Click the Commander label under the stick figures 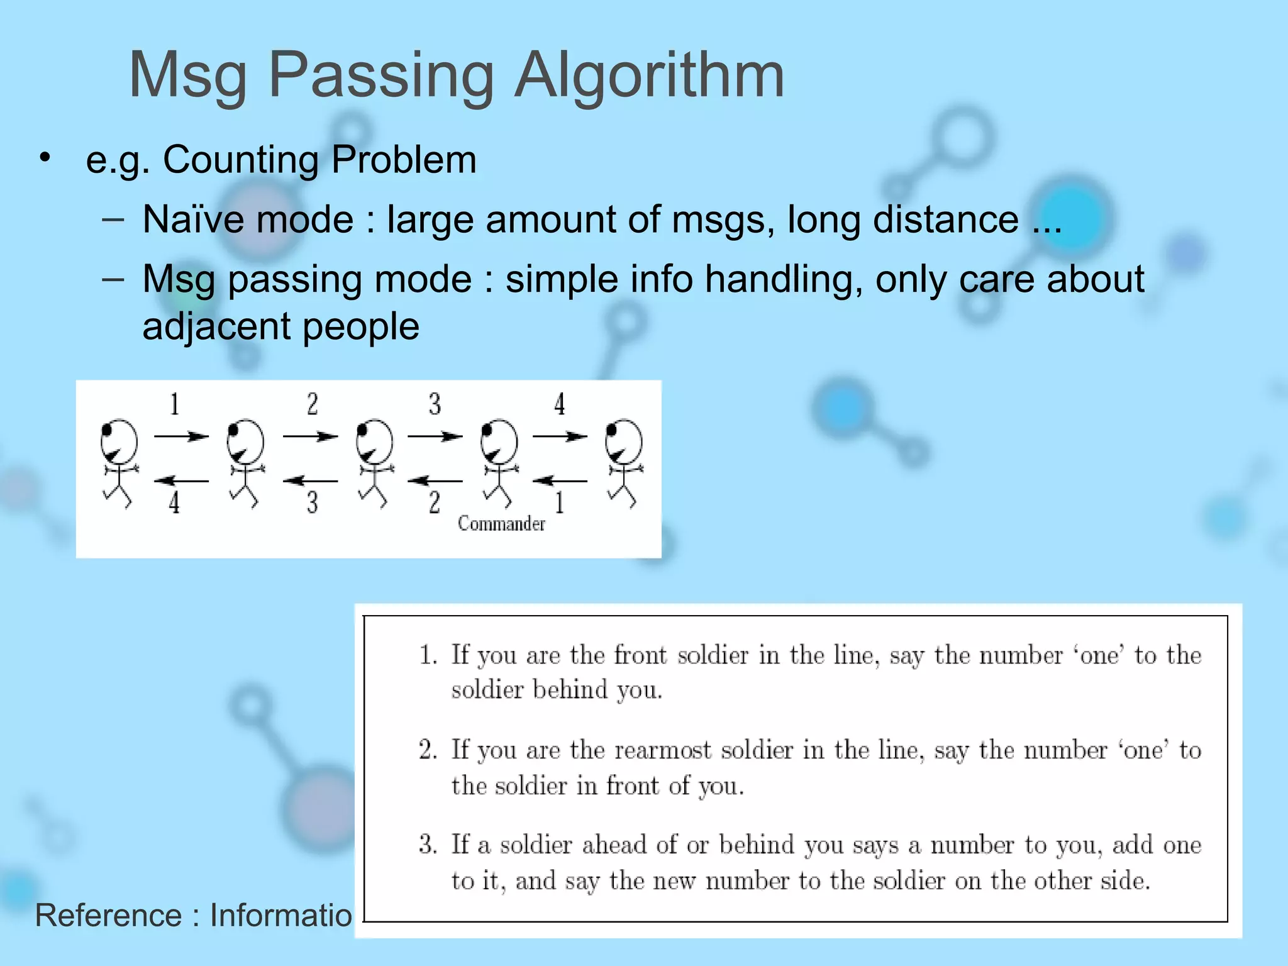point(501,524)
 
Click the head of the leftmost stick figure point(119,440)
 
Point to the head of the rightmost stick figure point(623,440)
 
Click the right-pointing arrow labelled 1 point(181,436)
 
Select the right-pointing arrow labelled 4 point(560,436)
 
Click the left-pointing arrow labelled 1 point(560,481)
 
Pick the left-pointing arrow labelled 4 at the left point(181,481)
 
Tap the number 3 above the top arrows point(435,404)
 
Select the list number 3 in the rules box point(428,844)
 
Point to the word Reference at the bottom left point(108,915)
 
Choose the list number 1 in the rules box point(428,655)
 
